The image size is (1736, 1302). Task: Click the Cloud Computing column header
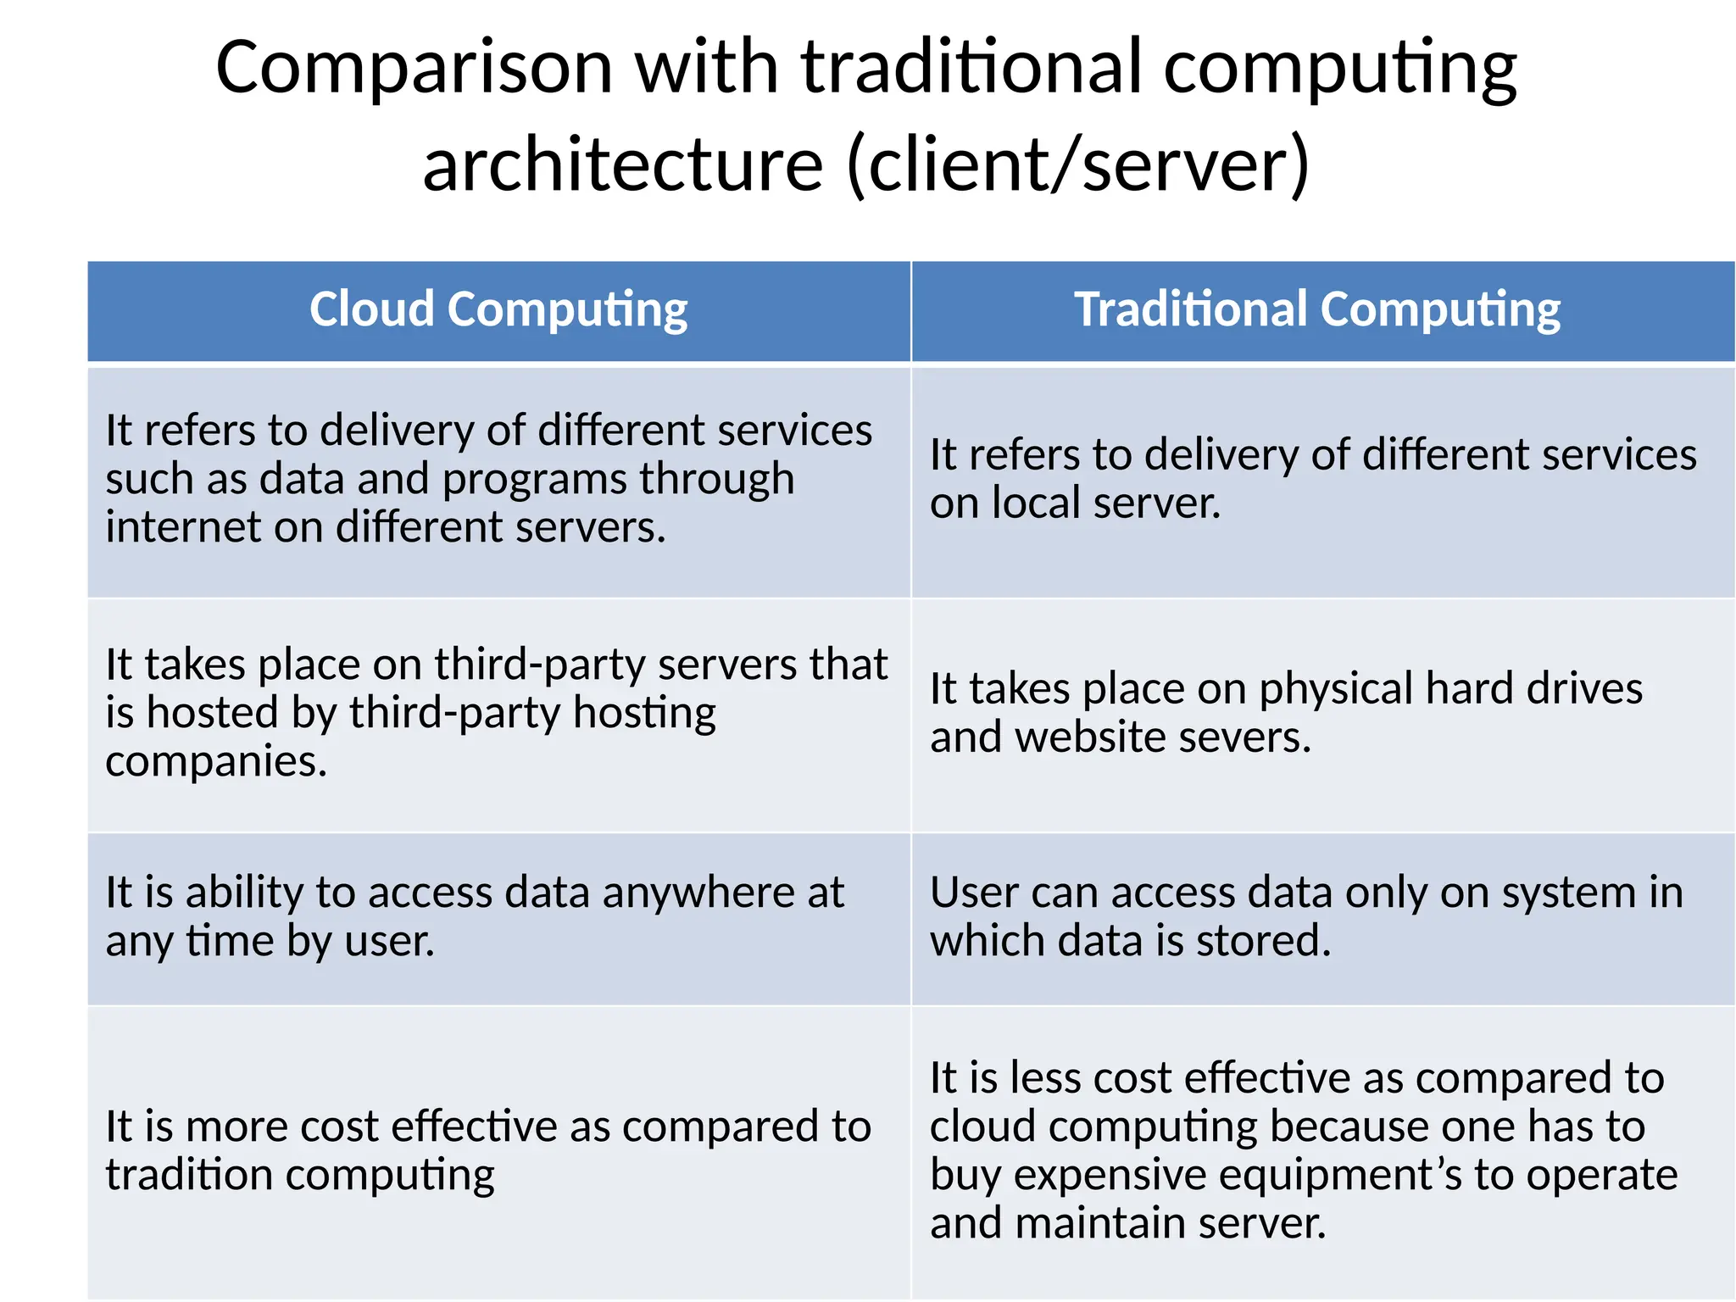coord(498,310)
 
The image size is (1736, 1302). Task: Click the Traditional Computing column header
coord(1317,310)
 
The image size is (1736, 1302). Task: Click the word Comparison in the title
coord(414,68)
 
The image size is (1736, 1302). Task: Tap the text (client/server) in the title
coord(1078,164)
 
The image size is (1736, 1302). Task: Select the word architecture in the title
coord(623,164)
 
